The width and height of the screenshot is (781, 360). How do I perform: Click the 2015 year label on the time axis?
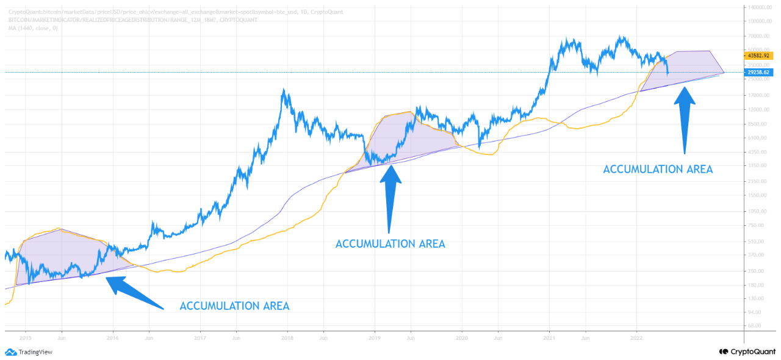(x=25, y=336)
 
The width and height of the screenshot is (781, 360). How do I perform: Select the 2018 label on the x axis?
(x=287, y=336)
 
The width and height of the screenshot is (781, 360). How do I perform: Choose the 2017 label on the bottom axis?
(x=200, y=336)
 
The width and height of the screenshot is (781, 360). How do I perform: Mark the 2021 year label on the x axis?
(x=550, y=336)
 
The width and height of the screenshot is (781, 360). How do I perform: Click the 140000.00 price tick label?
(x=759, y=7)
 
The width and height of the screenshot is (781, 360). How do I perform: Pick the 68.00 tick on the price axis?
(x=754, y=326)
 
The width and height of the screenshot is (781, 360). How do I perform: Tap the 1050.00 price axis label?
(x=757, y=211)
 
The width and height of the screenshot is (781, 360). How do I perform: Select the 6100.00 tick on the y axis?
(x=757, y=137)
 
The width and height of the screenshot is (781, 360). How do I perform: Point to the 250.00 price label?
(x=755, y=271)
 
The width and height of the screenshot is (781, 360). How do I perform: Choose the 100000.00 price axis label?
(x=759, y=21)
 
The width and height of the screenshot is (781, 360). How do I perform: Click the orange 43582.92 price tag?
(x=759, y=56)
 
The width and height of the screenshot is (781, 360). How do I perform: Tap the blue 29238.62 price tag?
(x=759, y=72)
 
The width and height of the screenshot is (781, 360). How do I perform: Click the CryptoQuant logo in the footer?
(x=747, y=351)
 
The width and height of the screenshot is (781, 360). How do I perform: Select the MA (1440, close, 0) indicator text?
(x=34, y=28)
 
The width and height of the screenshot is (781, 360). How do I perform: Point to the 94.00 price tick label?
(x=754, y=312)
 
